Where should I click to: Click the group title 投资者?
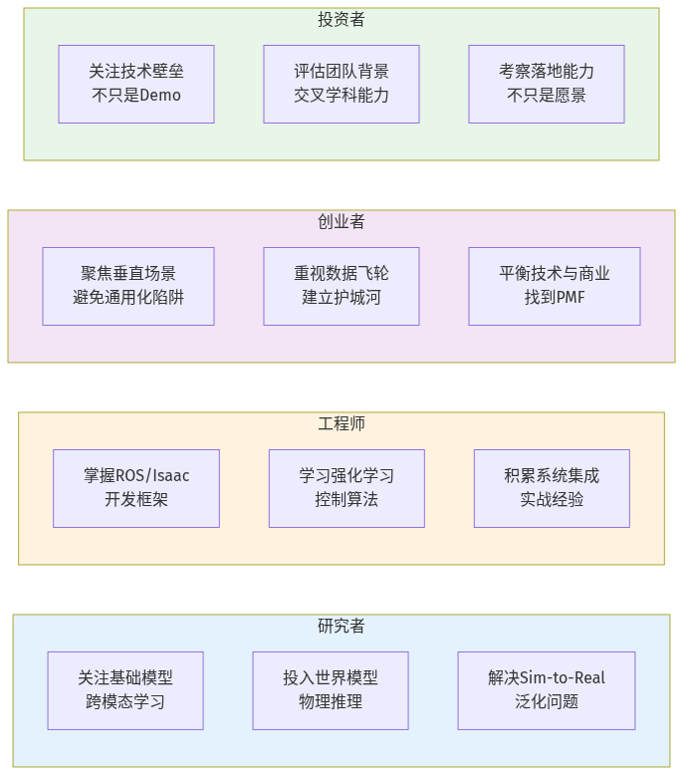point(341,20)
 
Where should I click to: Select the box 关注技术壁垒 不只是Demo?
point(136,84)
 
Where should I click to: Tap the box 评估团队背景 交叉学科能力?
point(341,84)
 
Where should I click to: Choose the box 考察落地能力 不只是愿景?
point(547,84)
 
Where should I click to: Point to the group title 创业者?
point(341,222)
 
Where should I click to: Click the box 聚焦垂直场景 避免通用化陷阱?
point(128,286)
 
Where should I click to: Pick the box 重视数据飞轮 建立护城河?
point(341,286)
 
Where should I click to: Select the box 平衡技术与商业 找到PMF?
point(555,286)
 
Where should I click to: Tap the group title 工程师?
point(341,424)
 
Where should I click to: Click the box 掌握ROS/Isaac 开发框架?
point(136,488)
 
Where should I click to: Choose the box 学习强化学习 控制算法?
point(346,488)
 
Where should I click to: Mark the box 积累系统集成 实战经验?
point(552,488)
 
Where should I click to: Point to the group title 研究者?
point(341,627)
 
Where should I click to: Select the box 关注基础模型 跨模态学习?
point(125,690)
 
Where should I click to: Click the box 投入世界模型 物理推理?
point(331,690)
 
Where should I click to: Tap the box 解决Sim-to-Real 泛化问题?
point(547,690)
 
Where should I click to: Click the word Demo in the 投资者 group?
point(160,97)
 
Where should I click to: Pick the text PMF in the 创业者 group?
point(570,298)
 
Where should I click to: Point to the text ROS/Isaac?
point(152,476)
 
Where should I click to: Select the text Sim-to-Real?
point(563,678)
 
